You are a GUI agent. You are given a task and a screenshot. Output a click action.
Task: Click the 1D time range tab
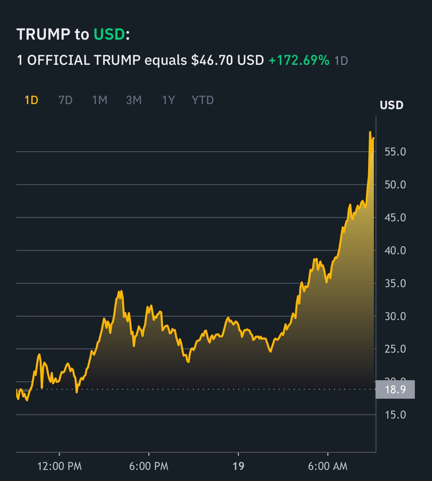pos(31,100)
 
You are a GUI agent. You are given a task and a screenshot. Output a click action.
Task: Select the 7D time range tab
pos(65,100)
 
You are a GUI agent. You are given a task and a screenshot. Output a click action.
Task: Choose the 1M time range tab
pos(100,100)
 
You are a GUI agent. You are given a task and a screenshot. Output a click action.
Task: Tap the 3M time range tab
pos(134,100)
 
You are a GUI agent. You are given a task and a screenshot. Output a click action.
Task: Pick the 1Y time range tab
pos(168,100)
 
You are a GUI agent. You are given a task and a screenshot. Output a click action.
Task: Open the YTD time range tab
pos(202,100)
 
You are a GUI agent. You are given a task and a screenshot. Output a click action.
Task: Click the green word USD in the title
pos(109,34)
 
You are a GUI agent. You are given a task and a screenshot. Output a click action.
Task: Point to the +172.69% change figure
pos(299,60)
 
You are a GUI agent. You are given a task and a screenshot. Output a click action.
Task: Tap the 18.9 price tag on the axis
pos(395,389)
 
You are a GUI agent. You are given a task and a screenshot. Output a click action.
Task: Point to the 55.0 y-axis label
pos(395,152)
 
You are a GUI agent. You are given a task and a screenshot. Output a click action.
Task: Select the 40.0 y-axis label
pos(395,251)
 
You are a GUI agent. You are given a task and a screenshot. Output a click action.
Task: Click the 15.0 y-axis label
pos(395,414)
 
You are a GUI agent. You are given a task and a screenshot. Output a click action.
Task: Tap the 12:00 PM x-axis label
pos(59,466)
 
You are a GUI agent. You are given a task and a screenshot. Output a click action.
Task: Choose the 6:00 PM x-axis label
pos(149,466)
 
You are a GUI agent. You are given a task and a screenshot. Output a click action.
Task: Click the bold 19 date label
pos(238,466)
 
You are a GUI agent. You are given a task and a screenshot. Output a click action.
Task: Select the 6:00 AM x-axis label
pos(328,466)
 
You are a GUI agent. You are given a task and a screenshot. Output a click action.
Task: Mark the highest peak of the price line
pos(370,132)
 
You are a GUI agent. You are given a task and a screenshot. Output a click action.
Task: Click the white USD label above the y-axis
pos(391,105)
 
